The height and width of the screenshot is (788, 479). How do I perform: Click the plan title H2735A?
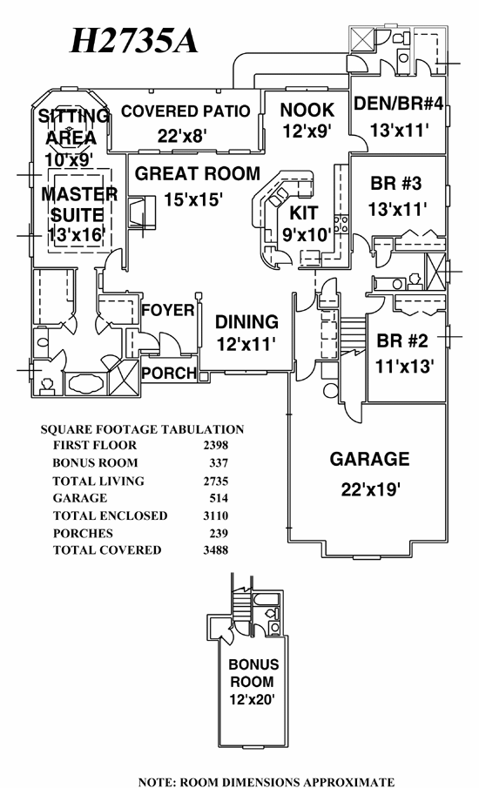[x=134, y=40]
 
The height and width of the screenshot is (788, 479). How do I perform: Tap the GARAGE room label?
[x=369, y=459]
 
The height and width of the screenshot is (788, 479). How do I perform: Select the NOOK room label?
[x=307, y=110]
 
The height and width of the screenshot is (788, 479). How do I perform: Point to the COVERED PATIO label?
[x=186, y=111]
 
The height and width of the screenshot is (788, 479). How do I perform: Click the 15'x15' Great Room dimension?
[x=193, y=199]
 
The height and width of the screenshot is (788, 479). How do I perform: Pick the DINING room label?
[x=246, y=322]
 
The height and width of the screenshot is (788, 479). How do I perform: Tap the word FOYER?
[x=168, y=310]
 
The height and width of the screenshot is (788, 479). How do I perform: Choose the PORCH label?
[x=169, y=373]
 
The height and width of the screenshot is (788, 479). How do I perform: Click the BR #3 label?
[x=396, y=184]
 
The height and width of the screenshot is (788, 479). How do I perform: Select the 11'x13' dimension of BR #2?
[x=405, y=367]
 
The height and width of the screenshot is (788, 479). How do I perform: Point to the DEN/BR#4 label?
[x=399, y=104]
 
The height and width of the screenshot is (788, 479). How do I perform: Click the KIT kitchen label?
[x=304, y=213]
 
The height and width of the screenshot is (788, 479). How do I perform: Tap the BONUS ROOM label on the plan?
[x=253, y=673]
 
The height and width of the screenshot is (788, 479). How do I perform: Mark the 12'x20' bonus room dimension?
[x=252, y=699]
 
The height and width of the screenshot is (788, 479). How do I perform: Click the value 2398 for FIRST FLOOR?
[x=216, y=445]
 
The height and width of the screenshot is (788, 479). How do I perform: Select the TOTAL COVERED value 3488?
[x=216, y=550]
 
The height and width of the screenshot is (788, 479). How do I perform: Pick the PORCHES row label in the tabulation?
[x=83, y=533]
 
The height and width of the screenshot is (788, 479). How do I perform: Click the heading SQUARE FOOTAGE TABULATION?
[x=142, y=429]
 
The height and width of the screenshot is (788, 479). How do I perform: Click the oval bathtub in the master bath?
[x=85, y=385]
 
